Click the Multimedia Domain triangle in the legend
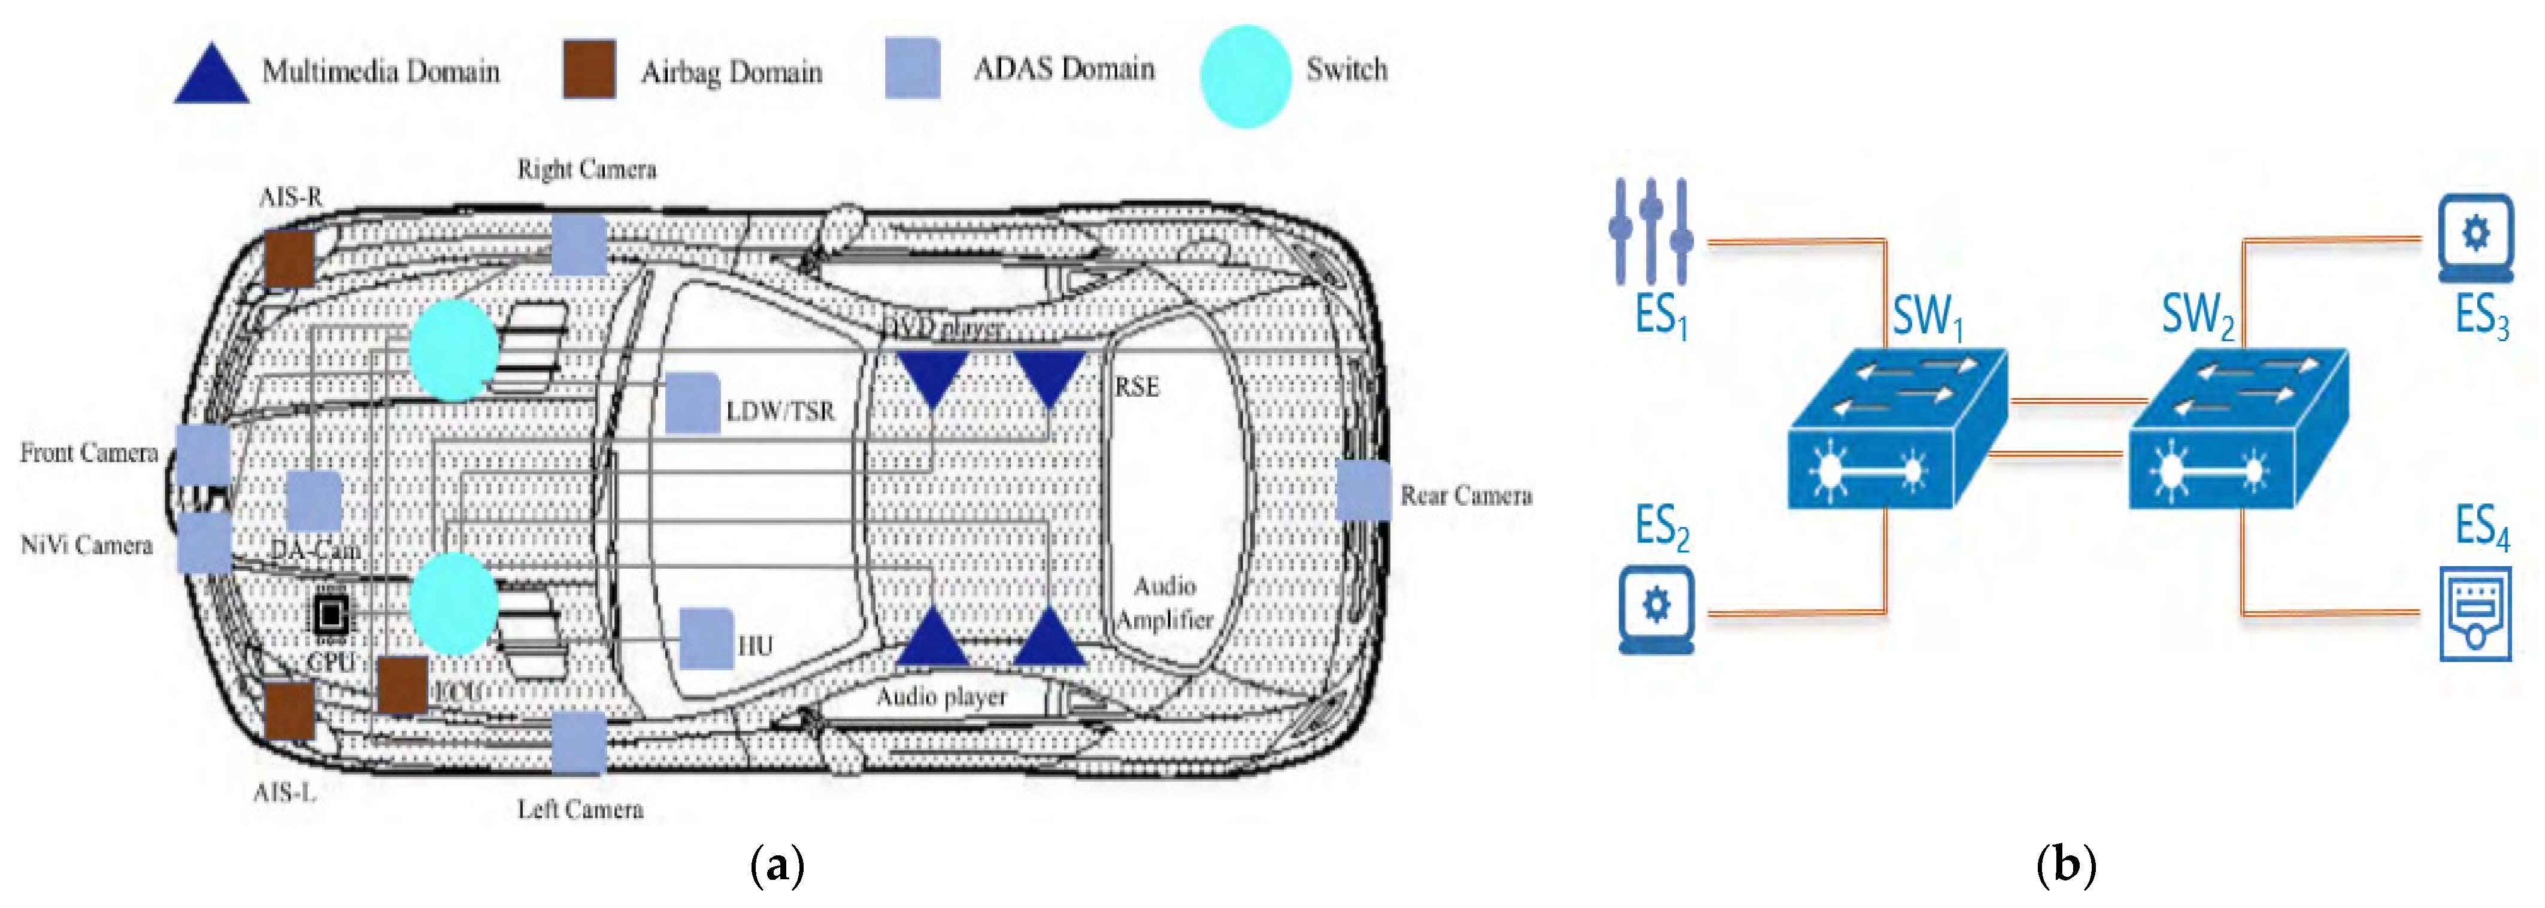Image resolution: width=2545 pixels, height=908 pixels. pos(210,76)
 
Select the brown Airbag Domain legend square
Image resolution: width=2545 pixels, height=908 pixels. pos(589,69)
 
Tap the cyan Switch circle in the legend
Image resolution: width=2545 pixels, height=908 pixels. pos(1245,76)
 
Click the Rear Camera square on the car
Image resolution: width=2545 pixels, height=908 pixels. pos(1362,490)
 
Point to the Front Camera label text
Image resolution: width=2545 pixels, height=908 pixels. pos(89,453)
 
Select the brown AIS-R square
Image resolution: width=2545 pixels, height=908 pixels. pos(289,259)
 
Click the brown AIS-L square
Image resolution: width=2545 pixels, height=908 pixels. pos(289,709)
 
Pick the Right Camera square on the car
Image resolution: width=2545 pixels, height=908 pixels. pos(578,245)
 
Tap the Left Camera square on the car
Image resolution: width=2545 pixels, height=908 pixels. pos(578,741)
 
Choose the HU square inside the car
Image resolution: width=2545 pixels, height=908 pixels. pos(707,638)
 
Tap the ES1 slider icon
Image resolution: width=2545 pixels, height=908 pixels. pos(1650,232)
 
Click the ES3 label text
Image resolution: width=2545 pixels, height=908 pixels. pos(2481,316)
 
